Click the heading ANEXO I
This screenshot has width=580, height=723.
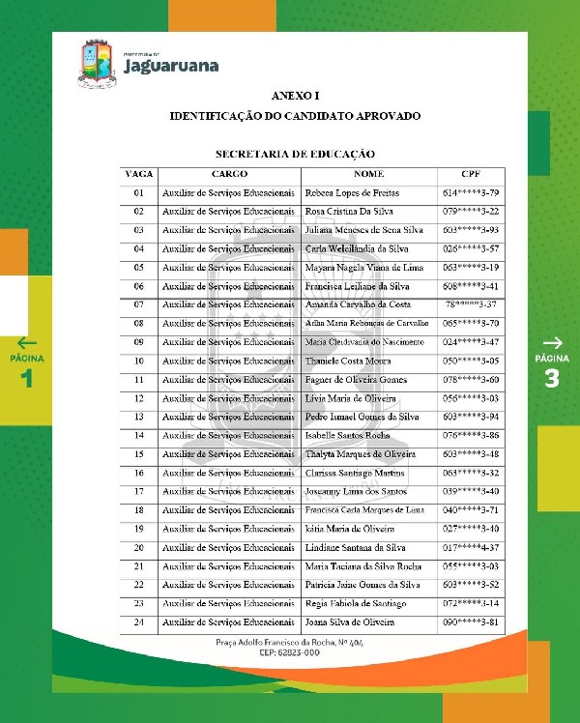[x=295, y=97]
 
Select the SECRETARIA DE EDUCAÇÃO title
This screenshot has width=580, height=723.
[x=295, y=154]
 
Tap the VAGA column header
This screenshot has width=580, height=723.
[x=139, y=174]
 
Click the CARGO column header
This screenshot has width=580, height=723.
[x=229, y=174]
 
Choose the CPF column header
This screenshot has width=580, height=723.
[x=471, y=174]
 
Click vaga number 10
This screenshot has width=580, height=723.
[x=139, y=361]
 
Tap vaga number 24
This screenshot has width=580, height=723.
[x=139, y=622]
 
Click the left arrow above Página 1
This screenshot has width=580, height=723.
[x=27, y=342]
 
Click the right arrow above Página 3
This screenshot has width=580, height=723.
[x=552, y=342]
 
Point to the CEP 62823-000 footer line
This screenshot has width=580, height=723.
[x=290, y=653]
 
